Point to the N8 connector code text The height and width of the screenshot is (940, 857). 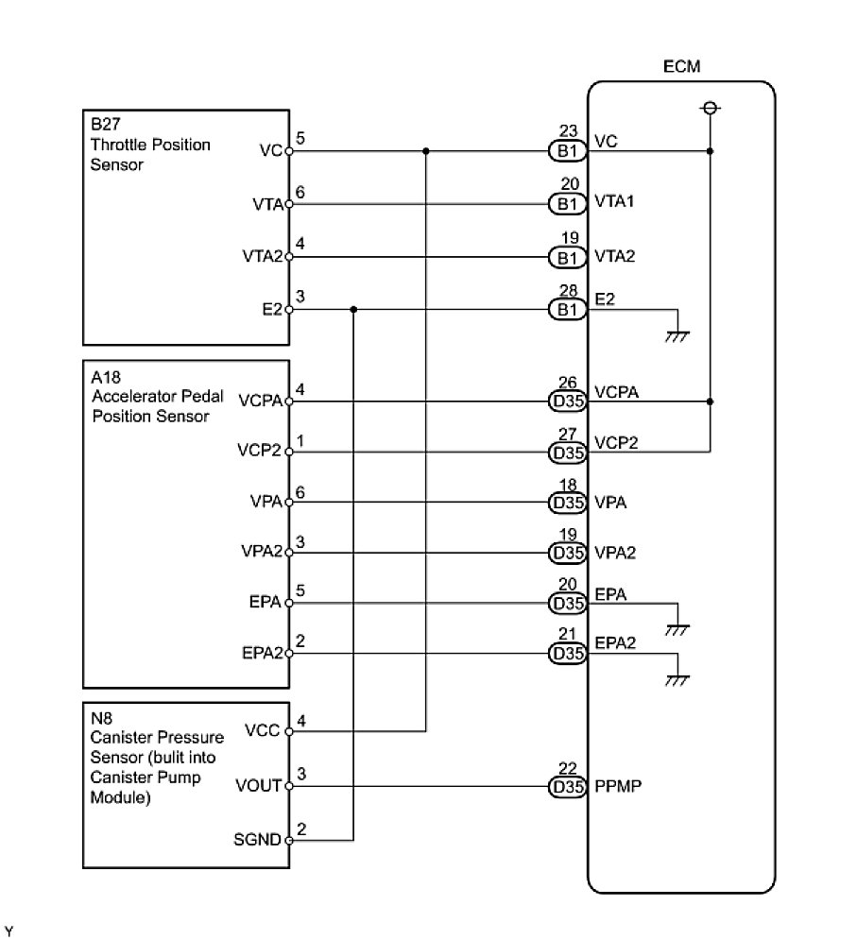98,715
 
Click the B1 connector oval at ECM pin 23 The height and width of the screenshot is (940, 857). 567,150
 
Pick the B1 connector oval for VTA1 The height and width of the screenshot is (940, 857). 567,203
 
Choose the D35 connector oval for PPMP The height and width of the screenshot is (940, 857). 567,786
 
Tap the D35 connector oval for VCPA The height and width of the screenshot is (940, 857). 567,402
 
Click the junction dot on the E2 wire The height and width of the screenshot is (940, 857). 353,309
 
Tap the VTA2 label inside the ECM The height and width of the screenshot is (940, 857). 614,256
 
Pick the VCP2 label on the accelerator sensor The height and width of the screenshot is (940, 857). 260,452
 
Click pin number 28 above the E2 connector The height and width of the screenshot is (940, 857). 568,290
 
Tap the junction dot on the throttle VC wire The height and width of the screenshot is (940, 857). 427,150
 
